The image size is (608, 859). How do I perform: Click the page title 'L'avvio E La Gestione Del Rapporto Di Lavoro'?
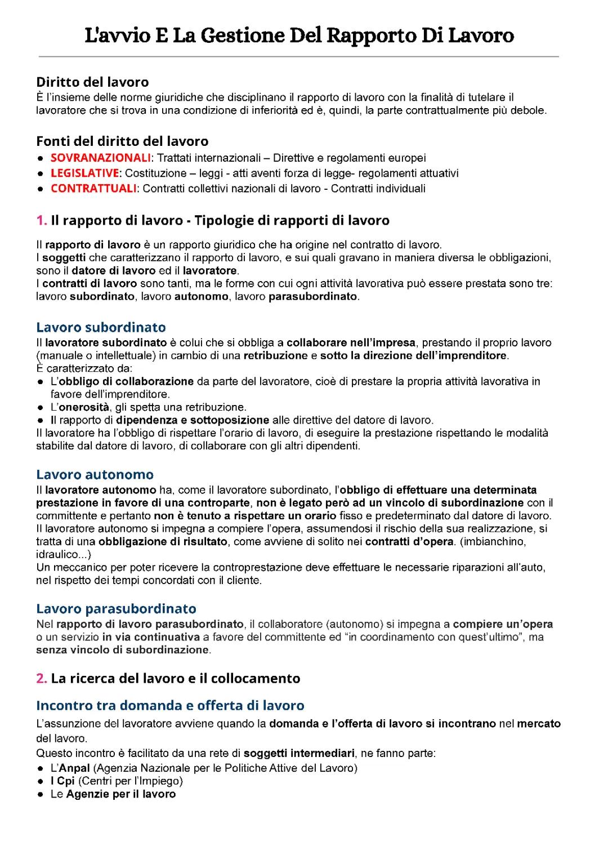[299, 36]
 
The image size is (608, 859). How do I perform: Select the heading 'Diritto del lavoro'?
[92, 82]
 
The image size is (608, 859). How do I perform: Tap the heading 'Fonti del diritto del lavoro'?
[122, 141]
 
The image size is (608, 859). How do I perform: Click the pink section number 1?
[41, 220]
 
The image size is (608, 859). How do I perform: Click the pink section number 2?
[41, 678]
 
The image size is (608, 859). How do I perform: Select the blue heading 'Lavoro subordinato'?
[101, 327]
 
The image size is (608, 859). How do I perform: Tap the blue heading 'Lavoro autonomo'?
[95, 474]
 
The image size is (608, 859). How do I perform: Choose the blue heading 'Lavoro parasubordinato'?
[116, 608]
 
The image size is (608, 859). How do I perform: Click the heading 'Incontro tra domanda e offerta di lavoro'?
[170, 705]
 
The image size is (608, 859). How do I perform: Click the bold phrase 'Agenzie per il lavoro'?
[121, 794]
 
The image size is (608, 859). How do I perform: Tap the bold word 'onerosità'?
[84, 407]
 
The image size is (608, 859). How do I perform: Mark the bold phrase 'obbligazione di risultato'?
[163, 542]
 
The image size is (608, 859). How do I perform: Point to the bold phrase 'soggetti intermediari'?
[299, 754]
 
